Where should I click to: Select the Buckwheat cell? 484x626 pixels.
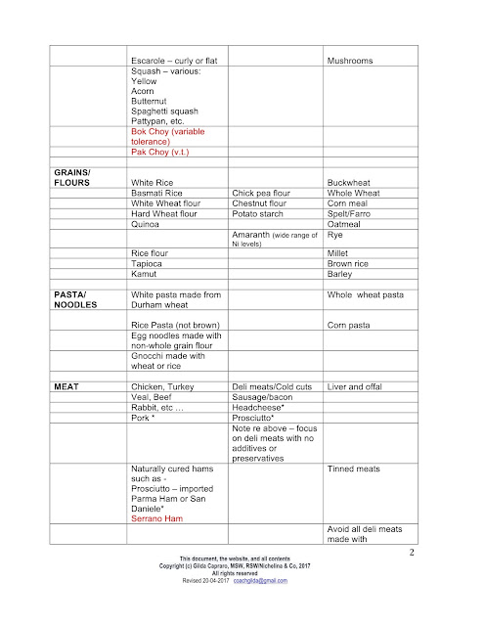tap(352, 183)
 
